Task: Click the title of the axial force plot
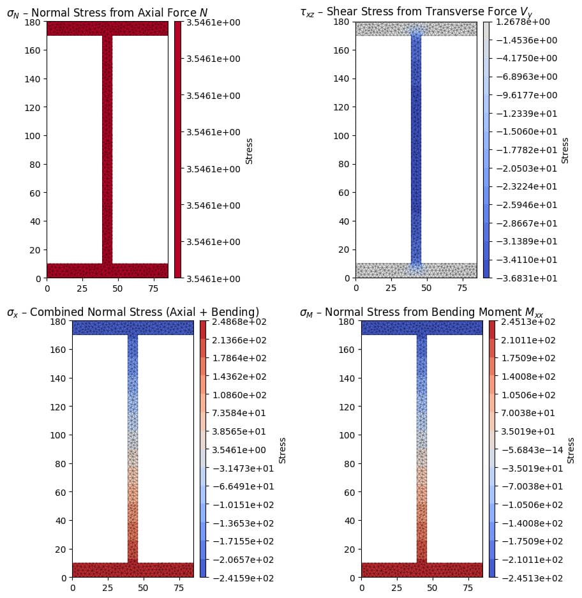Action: tap(107, 11)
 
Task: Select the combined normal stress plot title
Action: tap(133, 311)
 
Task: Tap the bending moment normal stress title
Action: tap(421, 312)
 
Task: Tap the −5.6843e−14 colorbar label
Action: tap(521, 449)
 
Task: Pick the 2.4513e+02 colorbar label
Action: tap(521, 321)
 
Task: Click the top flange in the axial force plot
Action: tap(107, 28)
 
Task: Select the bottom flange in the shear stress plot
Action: tap(416, 271)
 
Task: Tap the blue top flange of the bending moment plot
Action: tap(422, 327)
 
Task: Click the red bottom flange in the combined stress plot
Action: tap(133, 570)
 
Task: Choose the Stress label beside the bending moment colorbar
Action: tap(571, 449)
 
